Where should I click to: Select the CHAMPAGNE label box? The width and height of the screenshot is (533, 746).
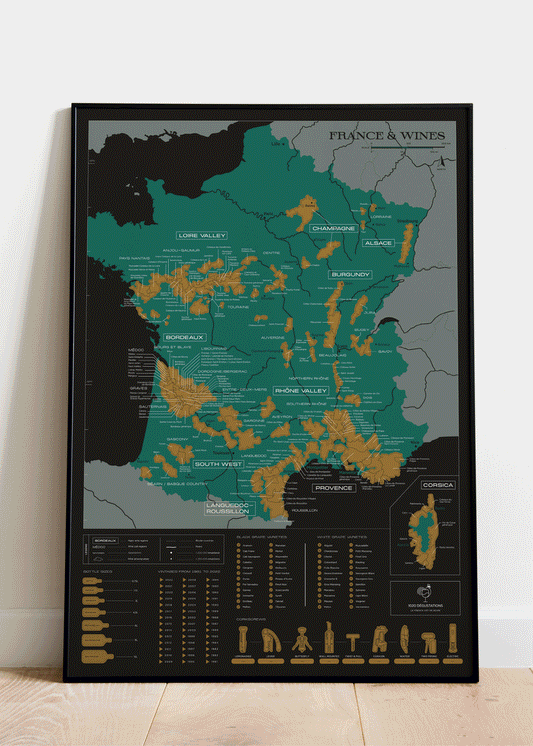click(333, 228)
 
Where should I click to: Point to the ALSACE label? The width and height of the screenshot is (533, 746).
click(378, 243)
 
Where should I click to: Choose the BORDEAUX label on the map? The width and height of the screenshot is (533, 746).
click(185, 337)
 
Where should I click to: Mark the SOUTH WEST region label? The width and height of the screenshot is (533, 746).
click(218, 464)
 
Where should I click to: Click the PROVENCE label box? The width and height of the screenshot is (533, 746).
click(334, 488)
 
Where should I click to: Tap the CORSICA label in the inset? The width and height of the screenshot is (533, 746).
click(438, 485)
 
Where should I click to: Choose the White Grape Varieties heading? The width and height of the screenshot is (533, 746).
click(341, 535)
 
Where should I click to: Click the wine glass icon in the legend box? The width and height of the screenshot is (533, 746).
click(425, 592)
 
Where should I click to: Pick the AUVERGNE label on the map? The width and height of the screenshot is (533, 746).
click(273, 338)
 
